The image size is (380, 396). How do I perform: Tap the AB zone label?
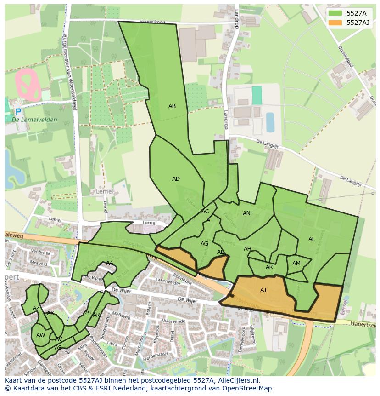coord(172,106)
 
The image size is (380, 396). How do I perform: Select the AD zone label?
coord(176,179)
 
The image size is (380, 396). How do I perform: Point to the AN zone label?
coord(246,213)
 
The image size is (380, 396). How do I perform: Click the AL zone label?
coord(312,239)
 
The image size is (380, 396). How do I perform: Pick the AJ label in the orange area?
coord(263,290)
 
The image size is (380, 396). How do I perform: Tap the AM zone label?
coord(296,264)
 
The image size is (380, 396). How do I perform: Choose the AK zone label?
coord(269,267)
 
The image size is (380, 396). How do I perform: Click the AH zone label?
coord(247,249)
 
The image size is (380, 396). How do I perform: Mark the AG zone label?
coord(205,244)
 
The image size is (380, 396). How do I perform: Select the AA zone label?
coord(110,263)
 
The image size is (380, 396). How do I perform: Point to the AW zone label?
coord(40,335)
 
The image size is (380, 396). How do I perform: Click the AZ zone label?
coord(36,308)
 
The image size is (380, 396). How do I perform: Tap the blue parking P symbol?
coord(18,112)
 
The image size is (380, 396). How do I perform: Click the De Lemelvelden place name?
coord(34,120)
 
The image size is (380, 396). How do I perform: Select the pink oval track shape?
coord(28,85)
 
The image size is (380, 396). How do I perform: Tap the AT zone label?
coord(89,312)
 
